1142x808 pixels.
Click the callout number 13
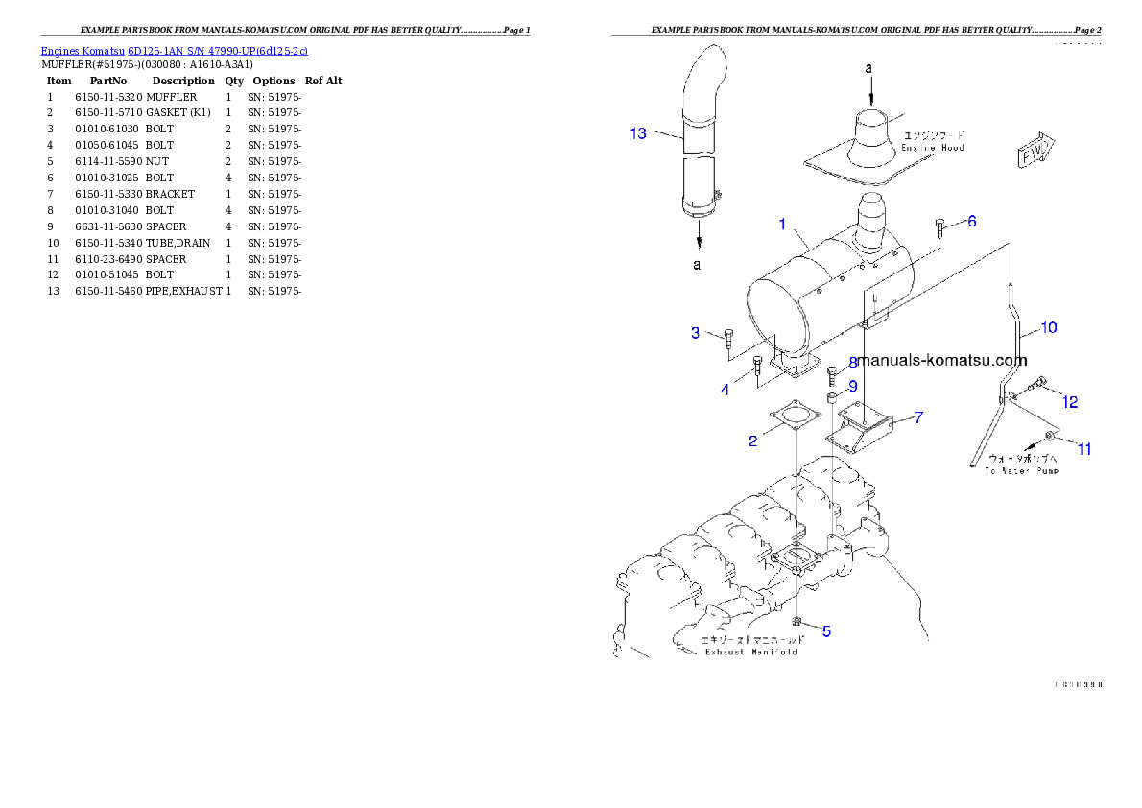(638, 133)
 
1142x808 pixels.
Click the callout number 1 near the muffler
(782, 225)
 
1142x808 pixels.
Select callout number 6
(971, 222)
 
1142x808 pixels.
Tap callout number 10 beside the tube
(1048, 328)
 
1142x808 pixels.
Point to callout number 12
(1070, 402)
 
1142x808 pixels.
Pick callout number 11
(1084, 448)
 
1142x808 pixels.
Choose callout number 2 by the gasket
(753, 440)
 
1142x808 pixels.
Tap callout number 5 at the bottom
(826, 631)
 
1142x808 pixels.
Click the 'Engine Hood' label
(932, 148)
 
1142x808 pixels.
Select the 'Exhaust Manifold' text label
(750, 652)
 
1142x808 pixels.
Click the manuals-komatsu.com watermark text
(942, 361)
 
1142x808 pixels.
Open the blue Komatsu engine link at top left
(174, 51)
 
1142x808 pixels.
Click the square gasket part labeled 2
(795, 419)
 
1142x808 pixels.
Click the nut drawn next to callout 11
(1052, 439)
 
